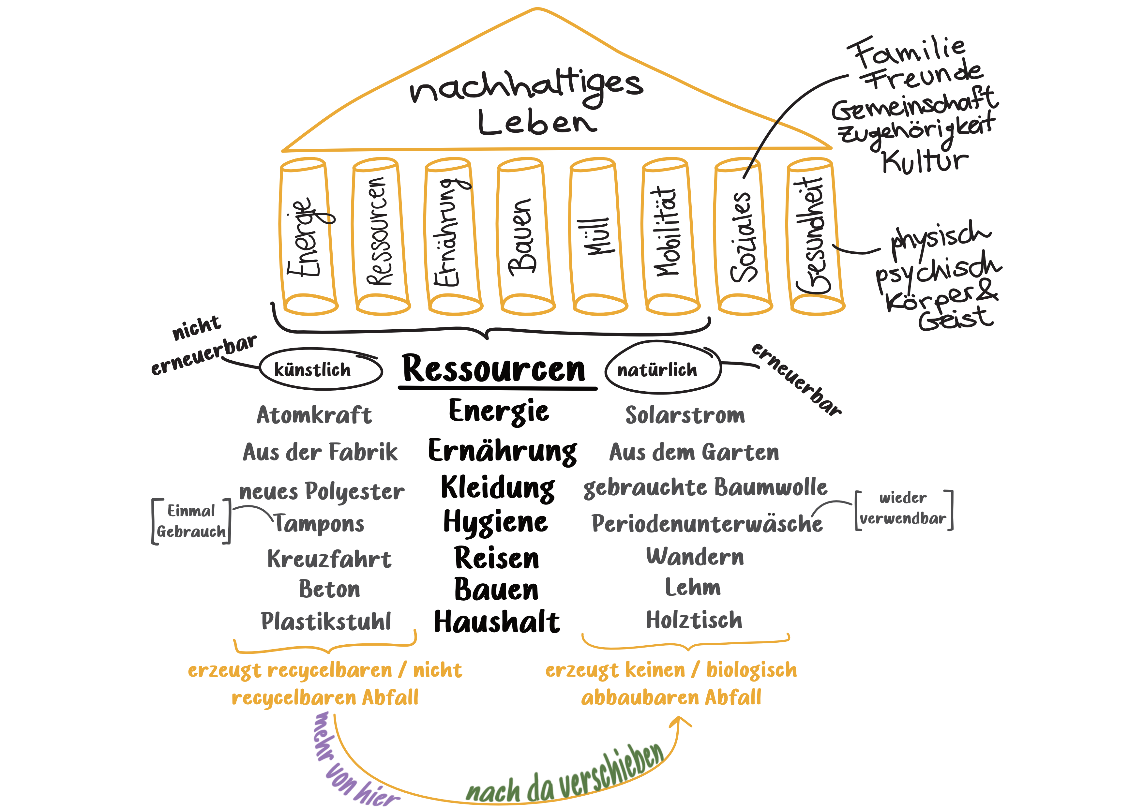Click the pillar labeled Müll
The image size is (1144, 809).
[598, 237]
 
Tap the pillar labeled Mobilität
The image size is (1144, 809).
[670, 237]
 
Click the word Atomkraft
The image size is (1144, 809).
[314, 415]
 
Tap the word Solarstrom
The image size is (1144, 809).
[685, 415]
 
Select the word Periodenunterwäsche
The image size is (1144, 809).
[707, 524]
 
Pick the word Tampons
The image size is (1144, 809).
[319, 524]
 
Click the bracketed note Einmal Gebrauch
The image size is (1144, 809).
[191, 521]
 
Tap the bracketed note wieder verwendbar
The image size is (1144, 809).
[903, 509]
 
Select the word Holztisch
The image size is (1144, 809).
[694, 620]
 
